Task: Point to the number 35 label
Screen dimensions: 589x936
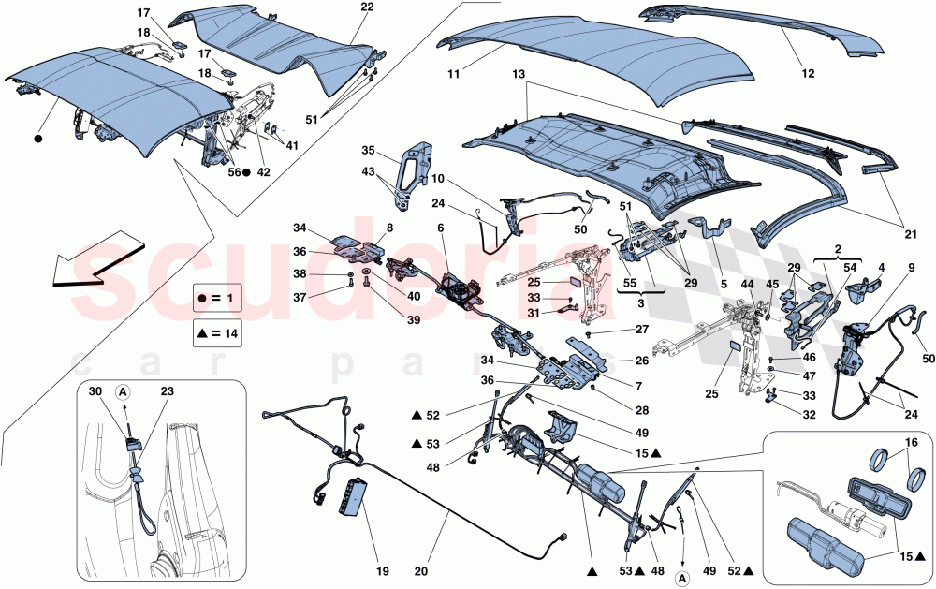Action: click(x=368, y=150)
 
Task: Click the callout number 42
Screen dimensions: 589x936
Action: click(x=265, y=172)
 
